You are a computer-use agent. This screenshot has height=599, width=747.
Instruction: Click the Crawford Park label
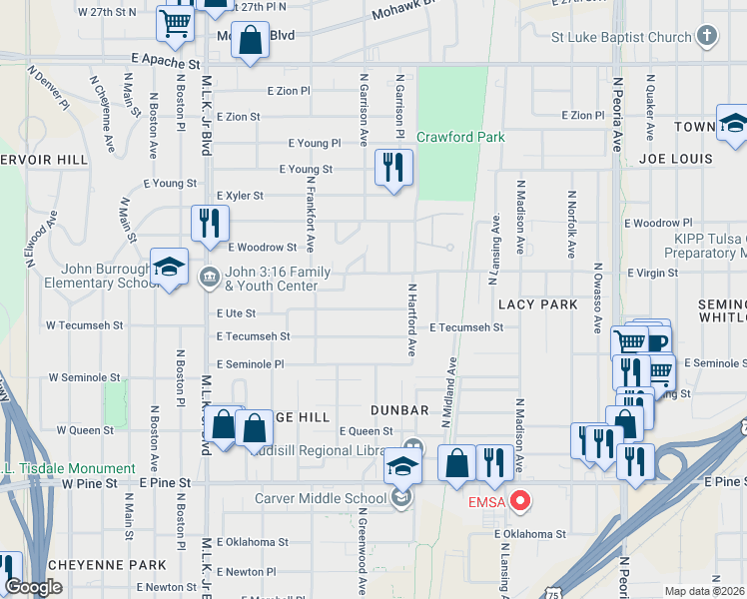pyautogui.click(x=460, y=137)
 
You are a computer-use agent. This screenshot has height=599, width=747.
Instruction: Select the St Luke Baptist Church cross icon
pyautogui.click(x=707, y=38)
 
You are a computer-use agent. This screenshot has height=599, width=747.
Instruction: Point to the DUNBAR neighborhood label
pyautogui.click(x=399, y=409)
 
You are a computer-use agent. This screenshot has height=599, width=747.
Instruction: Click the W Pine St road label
pyautogui.click(x=91, y=483)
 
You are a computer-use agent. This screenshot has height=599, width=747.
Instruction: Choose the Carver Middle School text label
pyautogui.click(x=320, y=498)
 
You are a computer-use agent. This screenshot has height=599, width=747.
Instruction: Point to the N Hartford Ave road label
pyautogui.click(x=410, y=319)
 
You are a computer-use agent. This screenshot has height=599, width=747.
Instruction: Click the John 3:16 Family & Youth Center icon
pyautogui.click(x=210, y=277)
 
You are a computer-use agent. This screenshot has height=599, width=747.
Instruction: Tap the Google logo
pyautogui.click(x=33, y=587)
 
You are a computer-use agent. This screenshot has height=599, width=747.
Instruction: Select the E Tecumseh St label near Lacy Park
pyautogui.click(x=466, y=326)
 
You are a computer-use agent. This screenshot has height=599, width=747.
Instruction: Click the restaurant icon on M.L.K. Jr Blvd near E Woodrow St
pyautogui.click(x=210, y=223)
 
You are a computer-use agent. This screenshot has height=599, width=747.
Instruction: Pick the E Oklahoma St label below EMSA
pyautogui.click(x=529, y=534)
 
